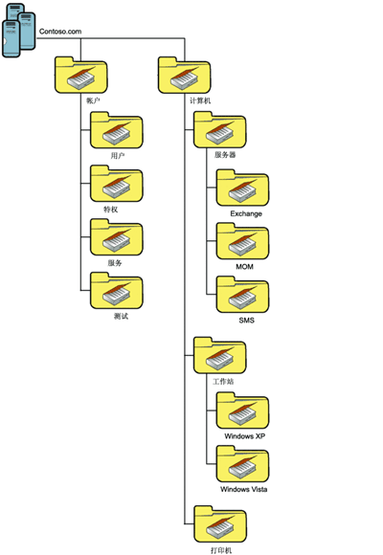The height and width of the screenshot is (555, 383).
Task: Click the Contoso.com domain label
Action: tap(60, 32)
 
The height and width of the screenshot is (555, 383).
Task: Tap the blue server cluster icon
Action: tap(19, 31)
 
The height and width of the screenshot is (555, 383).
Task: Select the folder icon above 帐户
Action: tap(80, 76)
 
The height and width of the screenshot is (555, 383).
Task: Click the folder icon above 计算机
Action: tap(184, 76)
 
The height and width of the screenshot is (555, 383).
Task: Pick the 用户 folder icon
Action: tap(117, 130)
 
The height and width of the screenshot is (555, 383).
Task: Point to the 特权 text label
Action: tap(110, 210)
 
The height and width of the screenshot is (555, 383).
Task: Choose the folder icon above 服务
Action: tap(117, 237)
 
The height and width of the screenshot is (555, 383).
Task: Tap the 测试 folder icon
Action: tap(117, 291)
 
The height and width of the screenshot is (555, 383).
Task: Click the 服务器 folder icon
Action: tap(220, 130)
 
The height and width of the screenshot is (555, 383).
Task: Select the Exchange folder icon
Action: tap(242, 188)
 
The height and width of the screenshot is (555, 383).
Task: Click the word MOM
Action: tap(244, 267)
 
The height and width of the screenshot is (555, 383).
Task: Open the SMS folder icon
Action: tap(242, 295)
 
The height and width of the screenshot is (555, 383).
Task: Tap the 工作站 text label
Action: tap(223, 381)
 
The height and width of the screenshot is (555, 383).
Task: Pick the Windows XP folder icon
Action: tap(242, 411)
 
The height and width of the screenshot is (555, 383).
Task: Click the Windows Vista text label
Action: tap(244, 489)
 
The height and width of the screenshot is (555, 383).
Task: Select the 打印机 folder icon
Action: tap(220, 524)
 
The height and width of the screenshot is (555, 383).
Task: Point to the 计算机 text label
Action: tap(200, 100)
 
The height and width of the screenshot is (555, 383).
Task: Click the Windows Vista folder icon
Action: tap(242, 464)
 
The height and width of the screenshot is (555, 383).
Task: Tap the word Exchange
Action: tap(246, 213)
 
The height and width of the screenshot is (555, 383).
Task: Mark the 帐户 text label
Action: tap(93, 100)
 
